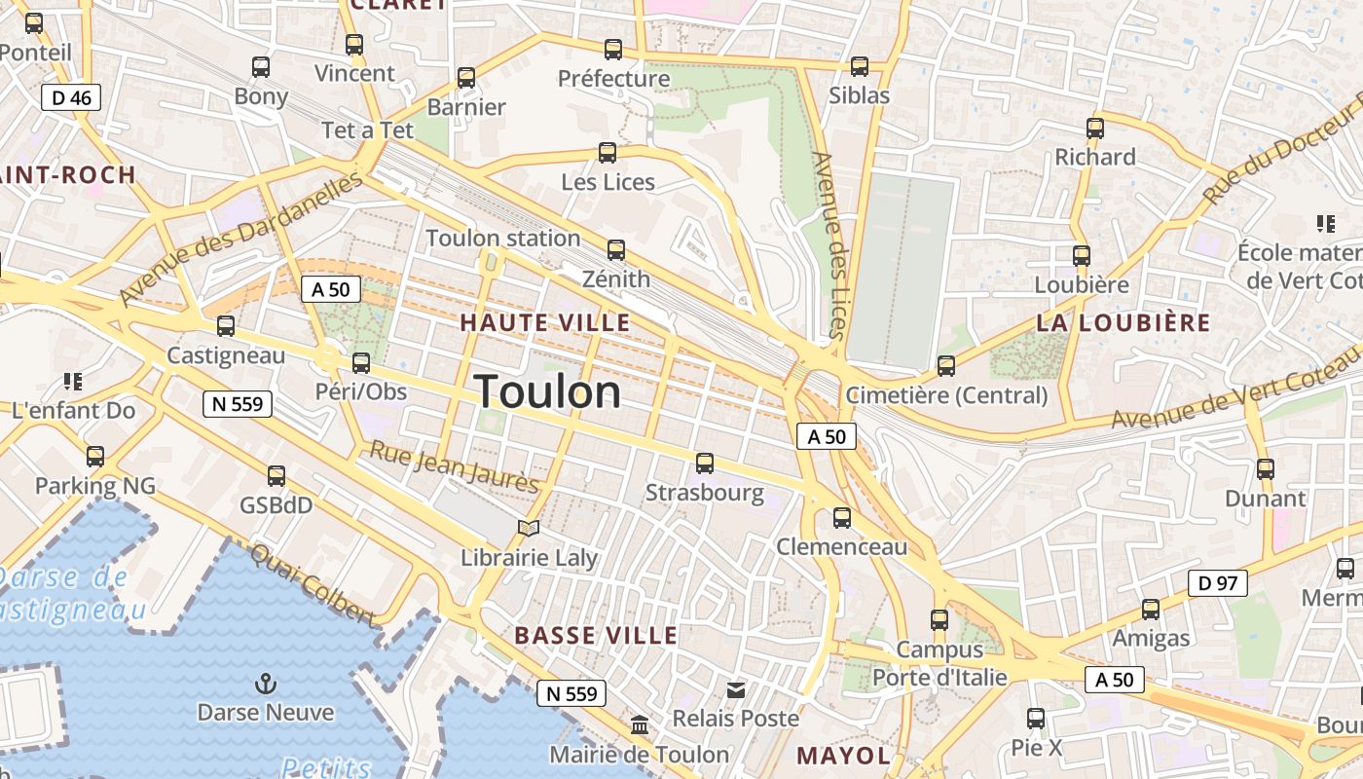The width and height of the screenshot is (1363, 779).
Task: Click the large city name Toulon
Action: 548,391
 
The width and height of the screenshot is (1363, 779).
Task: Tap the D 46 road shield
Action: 71,97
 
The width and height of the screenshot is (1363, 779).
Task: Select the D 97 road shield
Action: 1217,583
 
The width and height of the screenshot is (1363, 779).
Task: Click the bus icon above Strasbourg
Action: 705,464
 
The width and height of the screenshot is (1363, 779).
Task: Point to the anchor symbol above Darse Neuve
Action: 265,683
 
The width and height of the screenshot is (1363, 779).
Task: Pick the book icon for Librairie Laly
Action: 529,528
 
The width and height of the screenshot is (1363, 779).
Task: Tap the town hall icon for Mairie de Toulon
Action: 640,725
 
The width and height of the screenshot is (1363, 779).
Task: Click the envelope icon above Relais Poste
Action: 736,690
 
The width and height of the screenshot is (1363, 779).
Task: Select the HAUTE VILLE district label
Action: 545,322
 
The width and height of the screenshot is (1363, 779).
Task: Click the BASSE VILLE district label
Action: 596,636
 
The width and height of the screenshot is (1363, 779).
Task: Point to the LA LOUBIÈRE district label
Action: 1123,323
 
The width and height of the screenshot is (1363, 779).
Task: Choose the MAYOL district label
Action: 843,756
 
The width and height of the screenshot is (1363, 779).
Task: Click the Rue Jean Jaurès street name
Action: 454,466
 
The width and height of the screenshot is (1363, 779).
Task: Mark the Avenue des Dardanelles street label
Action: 241,237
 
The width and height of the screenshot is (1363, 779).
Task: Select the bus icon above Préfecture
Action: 613,49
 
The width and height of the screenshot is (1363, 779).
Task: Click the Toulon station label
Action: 502,239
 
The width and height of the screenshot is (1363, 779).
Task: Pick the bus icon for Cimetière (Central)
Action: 945,366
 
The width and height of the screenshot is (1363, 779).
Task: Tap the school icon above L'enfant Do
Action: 73,381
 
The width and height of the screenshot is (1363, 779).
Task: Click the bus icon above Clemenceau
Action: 842,518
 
